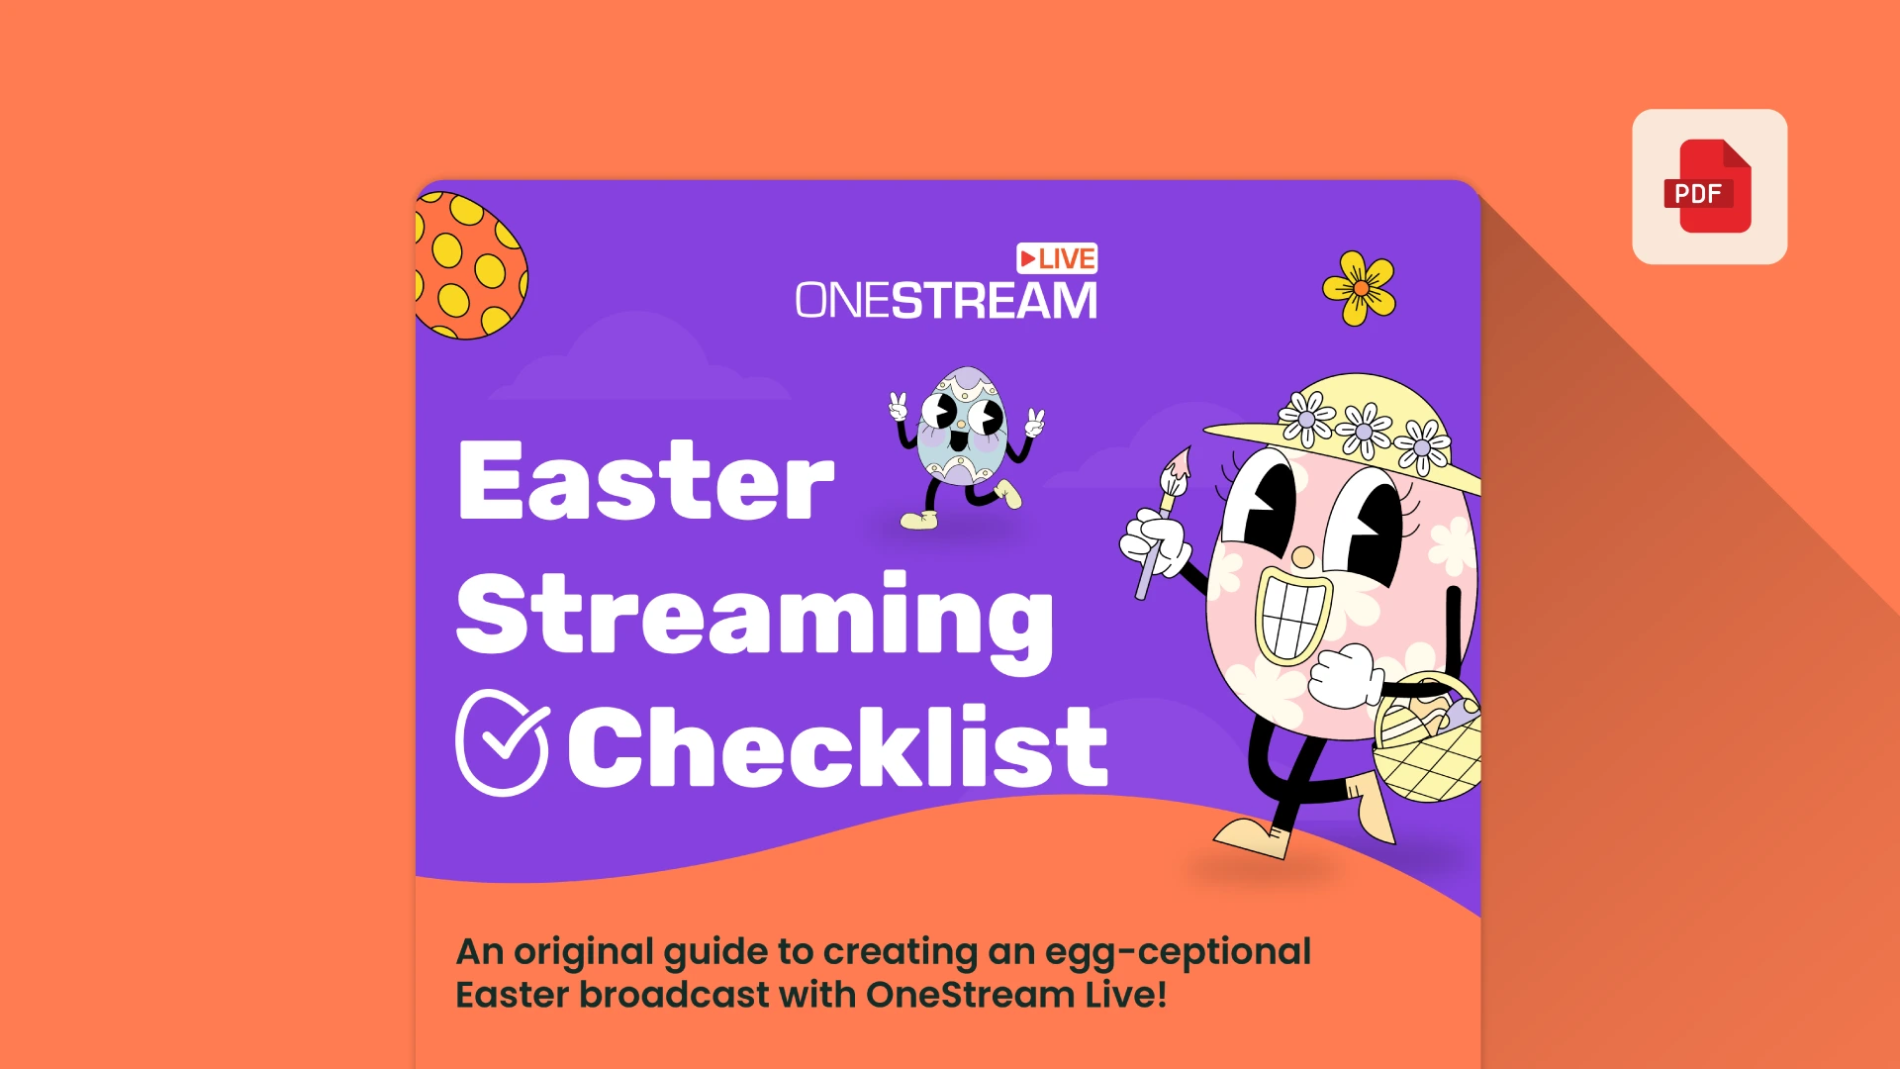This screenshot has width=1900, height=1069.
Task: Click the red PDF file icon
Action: pos(1709,187)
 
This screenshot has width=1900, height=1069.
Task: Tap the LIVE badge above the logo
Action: pos(1057,258)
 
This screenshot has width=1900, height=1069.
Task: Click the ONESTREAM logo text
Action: pos(946,301)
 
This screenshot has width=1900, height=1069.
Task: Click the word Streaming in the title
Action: pos(754,616)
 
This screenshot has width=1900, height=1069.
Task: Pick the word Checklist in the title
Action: pos(837,747)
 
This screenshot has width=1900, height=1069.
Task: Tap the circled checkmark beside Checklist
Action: pos(502,742)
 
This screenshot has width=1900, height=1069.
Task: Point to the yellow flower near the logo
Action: pos(1360,288)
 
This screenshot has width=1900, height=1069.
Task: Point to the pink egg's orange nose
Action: pos(1302,557)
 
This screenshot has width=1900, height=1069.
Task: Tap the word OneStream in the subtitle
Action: pos(970,995)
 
